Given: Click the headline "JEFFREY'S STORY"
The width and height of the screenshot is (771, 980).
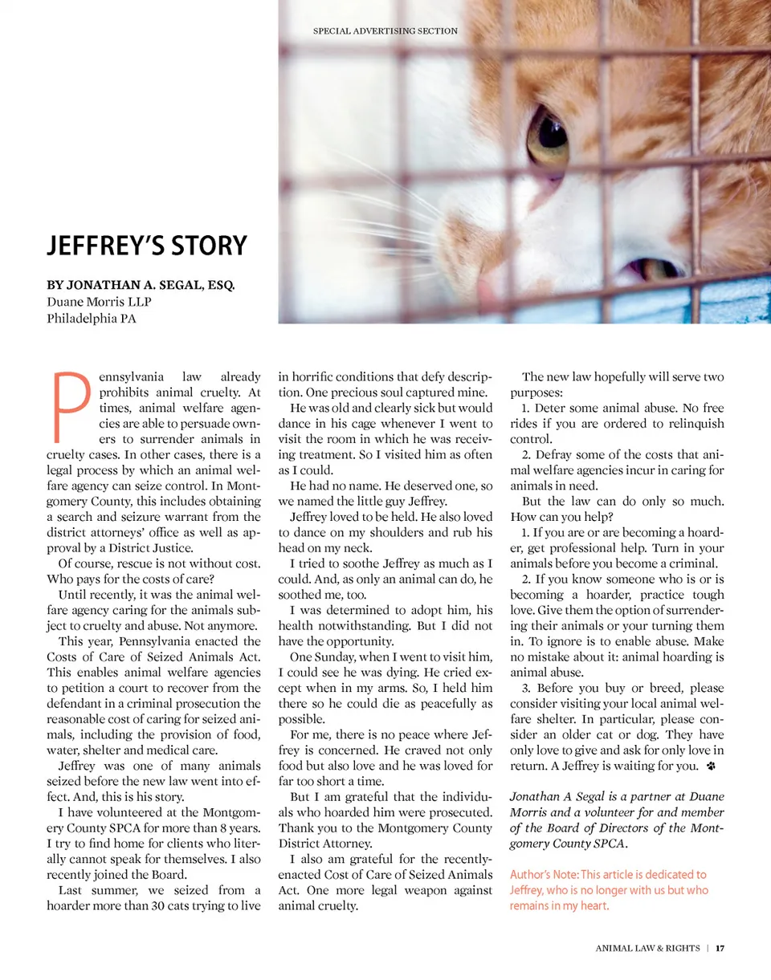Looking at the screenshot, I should (147, 245).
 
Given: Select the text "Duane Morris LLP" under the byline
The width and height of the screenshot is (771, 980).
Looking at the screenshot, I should (100, 302).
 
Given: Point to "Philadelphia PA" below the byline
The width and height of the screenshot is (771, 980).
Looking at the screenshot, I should (92, 319).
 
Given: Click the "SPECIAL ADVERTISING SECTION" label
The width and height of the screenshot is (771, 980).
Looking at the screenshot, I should (385, 31).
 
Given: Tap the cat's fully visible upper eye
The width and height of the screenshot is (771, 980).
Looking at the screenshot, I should (547, 138).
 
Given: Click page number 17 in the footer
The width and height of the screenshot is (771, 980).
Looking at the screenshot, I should (720, 949).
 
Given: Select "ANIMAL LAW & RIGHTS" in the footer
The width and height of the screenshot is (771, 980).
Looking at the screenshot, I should (647, 949).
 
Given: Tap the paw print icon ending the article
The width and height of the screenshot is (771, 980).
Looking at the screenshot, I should (711, 767).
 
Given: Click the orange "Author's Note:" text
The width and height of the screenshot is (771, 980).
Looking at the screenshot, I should (544, 875).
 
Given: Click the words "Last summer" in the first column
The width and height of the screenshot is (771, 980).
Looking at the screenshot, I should (93, 890).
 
